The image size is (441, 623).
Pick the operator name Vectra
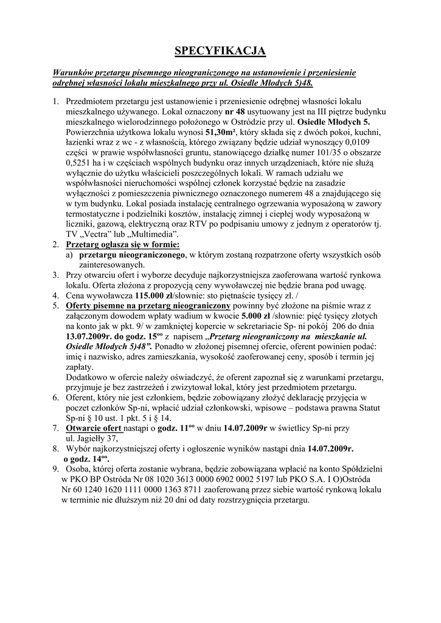pos(102,234)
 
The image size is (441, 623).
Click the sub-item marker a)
pos(70,255)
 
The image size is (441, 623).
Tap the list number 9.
pos(55,469)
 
